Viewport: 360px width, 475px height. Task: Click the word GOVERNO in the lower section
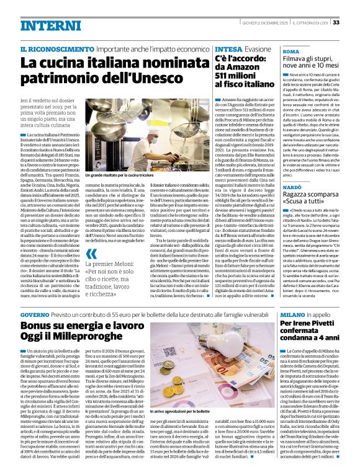click(x=38, y=316)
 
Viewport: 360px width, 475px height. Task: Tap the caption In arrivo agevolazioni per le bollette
click(x=174, y=411)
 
